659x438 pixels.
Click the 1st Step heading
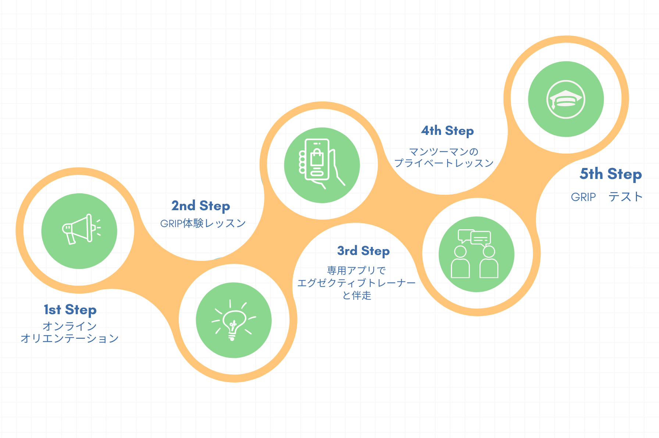70,310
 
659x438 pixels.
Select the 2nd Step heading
201,206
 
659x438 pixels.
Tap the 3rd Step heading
363,251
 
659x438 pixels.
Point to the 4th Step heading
448,131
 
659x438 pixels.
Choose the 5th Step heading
611,174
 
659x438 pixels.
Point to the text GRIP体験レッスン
203,223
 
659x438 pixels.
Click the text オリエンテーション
70,338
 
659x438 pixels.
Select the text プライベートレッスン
444,163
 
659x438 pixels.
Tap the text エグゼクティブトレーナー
356,283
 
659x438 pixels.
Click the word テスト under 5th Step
625,197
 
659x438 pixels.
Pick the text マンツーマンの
444,151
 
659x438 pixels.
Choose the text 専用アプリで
356,271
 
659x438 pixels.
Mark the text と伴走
357,295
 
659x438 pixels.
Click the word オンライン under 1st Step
70,326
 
